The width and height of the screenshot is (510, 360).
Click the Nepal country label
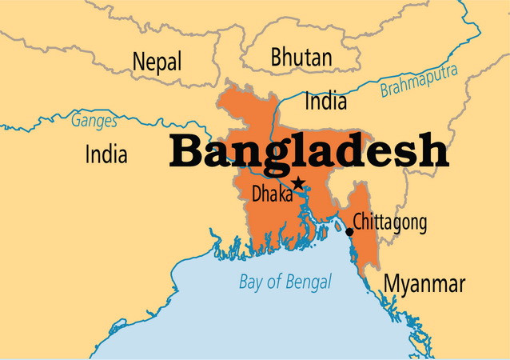[x=157, y=62]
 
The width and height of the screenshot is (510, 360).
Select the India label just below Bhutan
[x=326, y=102]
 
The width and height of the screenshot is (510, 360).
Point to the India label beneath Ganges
[x=106, y=154]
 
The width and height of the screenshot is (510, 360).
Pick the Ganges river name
[x=94, y=122]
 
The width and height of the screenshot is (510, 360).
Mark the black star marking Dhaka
[x=298, y=183]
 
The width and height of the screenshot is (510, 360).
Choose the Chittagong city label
[x=390, y=222]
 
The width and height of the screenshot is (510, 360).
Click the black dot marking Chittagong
[x=349, y=231]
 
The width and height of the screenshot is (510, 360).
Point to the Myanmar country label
[x=424, y=284]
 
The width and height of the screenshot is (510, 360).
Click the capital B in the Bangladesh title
[x=185, y=150]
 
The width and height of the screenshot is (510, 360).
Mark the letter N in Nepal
[x=139, y=62]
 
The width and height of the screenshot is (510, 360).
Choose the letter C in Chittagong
[x=358, y=221]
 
